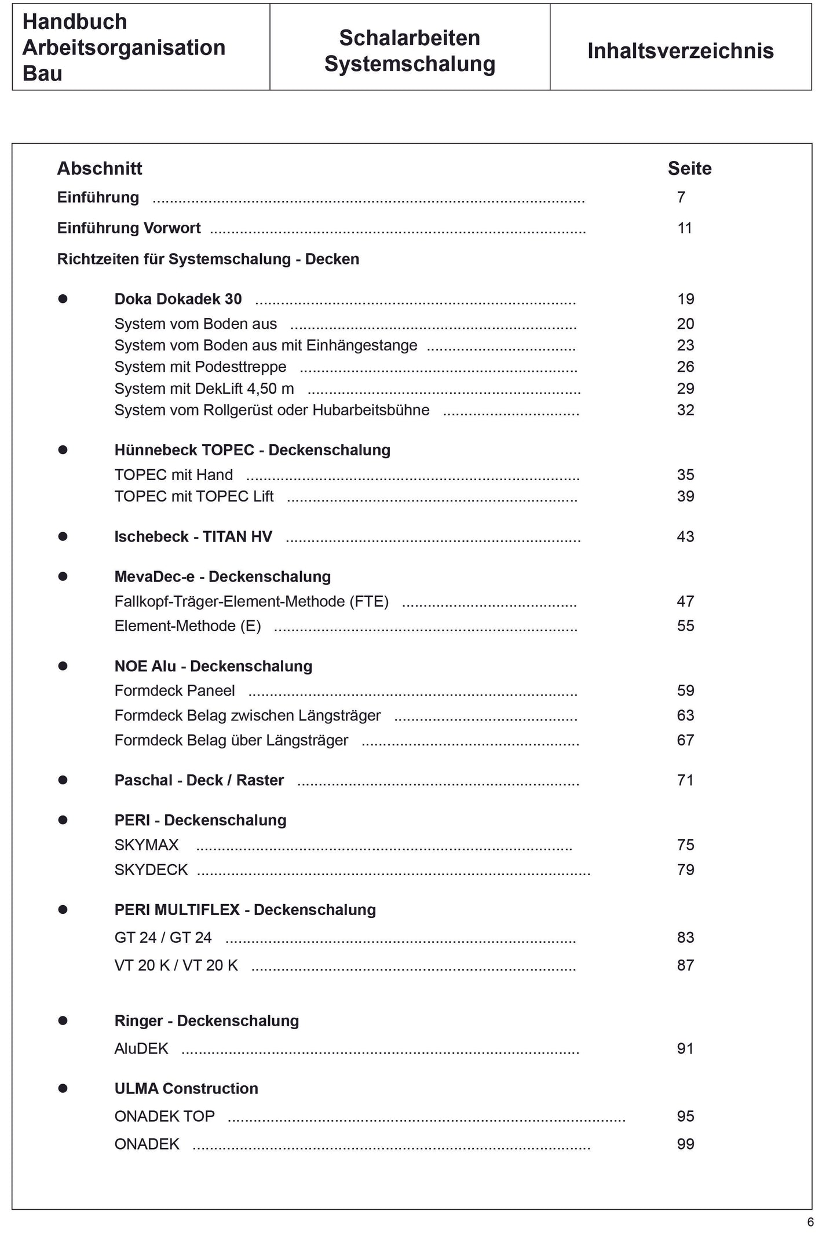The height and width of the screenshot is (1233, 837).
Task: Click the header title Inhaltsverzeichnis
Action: click(x=680, y=51)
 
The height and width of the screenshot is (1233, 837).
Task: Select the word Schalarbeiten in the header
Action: click(x=409, y=38)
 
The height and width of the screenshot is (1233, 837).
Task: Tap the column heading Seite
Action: click(x=689, y=169)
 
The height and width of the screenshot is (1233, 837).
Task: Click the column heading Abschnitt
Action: click(x=100, y=169)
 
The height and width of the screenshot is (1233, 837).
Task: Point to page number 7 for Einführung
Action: click(x=681, y=197)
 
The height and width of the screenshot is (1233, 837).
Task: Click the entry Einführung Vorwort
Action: click(x=129, y=228)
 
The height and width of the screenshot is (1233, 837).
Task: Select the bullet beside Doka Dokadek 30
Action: click(x=63, y=299)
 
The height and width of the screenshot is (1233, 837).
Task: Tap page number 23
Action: click(x=685, y=345)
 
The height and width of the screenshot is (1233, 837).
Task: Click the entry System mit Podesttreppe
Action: click(x=200, y=367)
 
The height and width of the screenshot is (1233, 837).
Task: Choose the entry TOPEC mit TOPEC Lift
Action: click(x=194, y=496)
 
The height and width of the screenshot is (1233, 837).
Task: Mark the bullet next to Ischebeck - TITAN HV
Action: click(x=63, y=537)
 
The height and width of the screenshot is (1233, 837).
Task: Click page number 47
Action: click(x=685, y=602)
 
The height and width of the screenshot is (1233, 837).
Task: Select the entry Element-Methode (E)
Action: click(x=188, y=626)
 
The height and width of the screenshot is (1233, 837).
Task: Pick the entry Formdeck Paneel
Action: click(x=174, y=691)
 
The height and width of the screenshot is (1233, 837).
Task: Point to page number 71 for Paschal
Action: click(x=685, y=781)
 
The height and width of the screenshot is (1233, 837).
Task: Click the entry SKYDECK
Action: click(x=151, y=870)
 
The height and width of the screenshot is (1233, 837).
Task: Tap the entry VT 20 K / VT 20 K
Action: click(x=176, y=965)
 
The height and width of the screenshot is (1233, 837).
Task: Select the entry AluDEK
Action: click(x=141, y=1049)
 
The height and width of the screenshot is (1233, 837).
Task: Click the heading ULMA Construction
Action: click(x=186, y=1089)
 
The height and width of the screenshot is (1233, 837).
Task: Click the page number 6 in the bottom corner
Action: click(x=810, y=1223)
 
